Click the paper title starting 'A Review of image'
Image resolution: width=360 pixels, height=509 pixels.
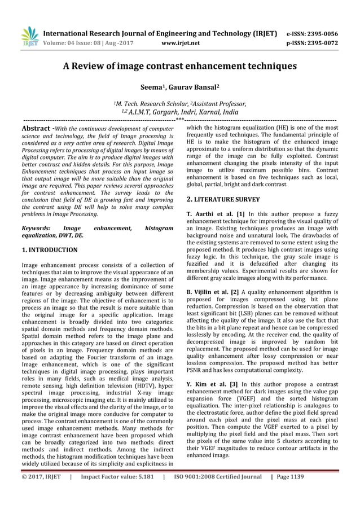[x=179, y=66]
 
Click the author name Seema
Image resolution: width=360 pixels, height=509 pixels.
[x=152, y=88]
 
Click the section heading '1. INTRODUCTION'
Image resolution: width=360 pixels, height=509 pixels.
[x=49, y=249]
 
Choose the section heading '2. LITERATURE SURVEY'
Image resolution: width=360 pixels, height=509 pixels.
[x=223, y=199]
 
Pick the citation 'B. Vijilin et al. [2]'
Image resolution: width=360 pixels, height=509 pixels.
[x=214, y=292]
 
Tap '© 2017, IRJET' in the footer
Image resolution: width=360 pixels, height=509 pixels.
[x=41, y=492]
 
